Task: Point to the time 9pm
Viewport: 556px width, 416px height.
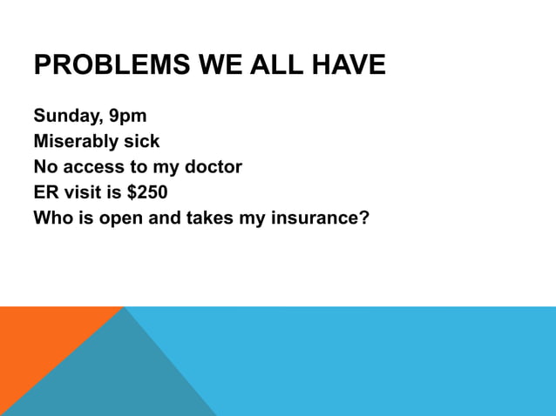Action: point(127,117)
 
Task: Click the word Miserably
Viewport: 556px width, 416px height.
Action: point(73,141)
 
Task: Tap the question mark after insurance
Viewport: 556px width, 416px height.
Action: point(364,217)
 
